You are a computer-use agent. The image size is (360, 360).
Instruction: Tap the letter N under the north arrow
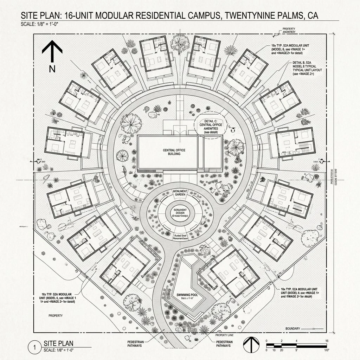click(x=52, y=69)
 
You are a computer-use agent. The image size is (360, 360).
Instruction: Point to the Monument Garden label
click(x=180, y=193)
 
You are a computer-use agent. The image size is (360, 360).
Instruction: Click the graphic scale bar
click(x=297, y=345)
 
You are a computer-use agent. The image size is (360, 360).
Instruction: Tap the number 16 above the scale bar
click(x=327, y=341)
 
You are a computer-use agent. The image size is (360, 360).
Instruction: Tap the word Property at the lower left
click(x=55, y=316)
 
